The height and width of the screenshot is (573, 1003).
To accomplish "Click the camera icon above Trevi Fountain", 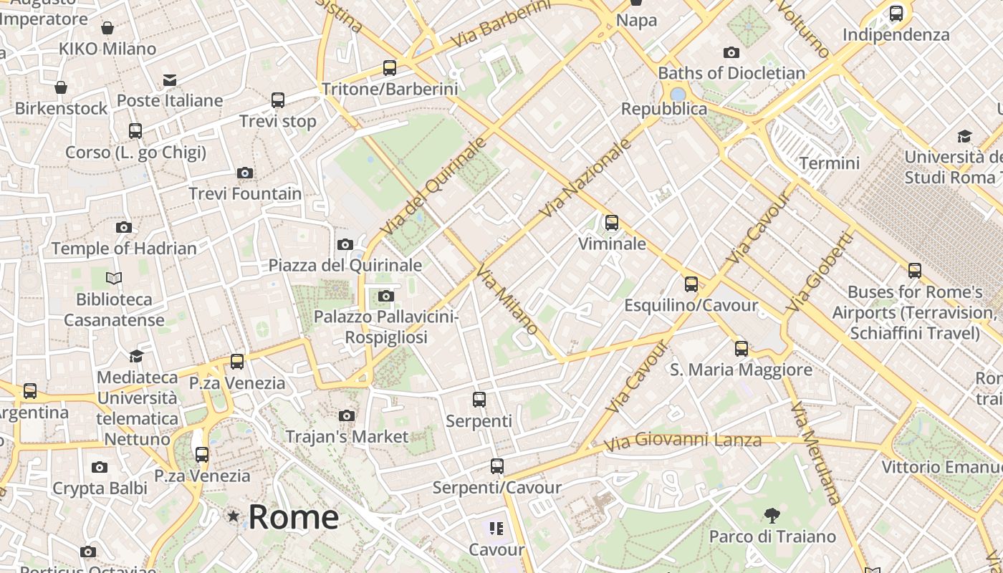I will (x=245, y=173).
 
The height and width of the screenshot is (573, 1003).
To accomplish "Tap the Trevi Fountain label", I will (x=245, y=193).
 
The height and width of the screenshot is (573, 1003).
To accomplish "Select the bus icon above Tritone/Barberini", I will (x=390, y=68).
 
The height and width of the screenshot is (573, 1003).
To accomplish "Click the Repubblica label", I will (x=663, y=109).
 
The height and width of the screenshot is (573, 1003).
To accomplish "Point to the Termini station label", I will (x=829, y=163).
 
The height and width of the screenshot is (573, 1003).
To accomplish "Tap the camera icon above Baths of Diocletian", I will (x=731, y=52).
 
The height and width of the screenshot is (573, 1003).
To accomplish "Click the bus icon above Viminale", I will (x=612, y=223).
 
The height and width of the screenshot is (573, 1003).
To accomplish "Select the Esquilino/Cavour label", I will (x=691, y=305).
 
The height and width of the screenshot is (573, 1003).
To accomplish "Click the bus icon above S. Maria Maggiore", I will (x=742, y=349).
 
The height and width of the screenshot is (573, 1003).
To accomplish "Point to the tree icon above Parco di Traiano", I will (x=772, y=515).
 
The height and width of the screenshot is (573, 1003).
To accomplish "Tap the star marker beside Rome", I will (x=233, y=516).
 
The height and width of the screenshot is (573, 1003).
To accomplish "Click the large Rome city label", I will (x=293, y=516).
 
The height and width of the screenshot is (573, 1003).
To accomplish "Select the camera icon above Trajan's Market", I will (x=347, y=415).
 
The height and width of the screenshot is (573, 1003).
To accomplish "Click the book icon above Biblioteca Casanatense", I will (x=114, y=278).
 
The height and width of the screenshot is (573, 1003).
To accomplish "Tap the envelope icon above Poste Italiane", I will (x=170, y=80).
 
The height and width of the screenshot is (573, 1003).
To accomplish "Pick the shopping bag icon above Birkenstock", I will (x=61, y=87).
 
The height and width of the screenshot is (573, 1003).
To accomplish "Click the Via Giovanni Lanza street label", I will (x=682, y=440).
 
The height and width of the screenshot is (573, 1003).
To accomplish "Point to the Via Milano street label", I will (x=507, y=299).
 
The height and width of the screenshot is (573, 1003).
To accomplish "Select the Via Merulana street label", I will (x=815, y=453).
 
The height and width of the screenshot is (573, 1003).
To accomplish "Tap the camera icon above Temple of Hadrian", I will (x=124, y=228).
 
